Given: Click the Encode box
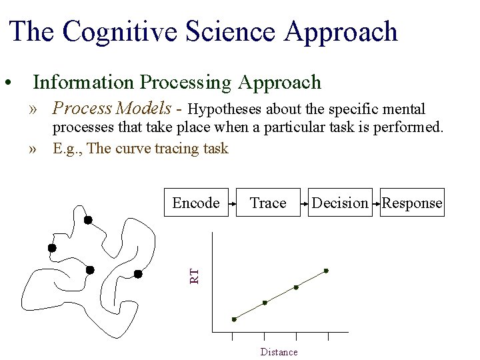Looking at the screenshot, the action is [196, 203].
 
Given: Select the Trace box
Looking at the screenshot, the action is [267, 203].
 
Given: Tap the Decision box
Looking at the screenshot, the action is [340, 203].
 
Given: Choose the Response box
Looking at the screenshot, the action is [412, 203].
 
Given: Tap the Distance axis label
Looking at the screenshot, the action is [279, 352].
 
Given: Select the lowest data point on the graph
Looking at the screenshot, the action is [234, 319].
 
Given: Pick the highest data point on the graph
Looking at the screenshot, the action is [326, 271].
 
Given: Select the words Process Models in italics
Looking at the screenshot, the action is [117, 107].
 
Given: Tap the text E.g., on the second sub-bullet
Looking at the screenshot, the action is [68, 148].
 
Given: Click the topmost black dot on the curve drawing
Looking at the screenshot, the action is [88, 220].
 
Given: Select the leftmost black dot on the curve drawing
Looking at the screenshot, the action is [52, 248].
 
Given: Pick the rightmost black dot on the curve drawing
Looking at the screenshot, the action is [138, 273].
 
